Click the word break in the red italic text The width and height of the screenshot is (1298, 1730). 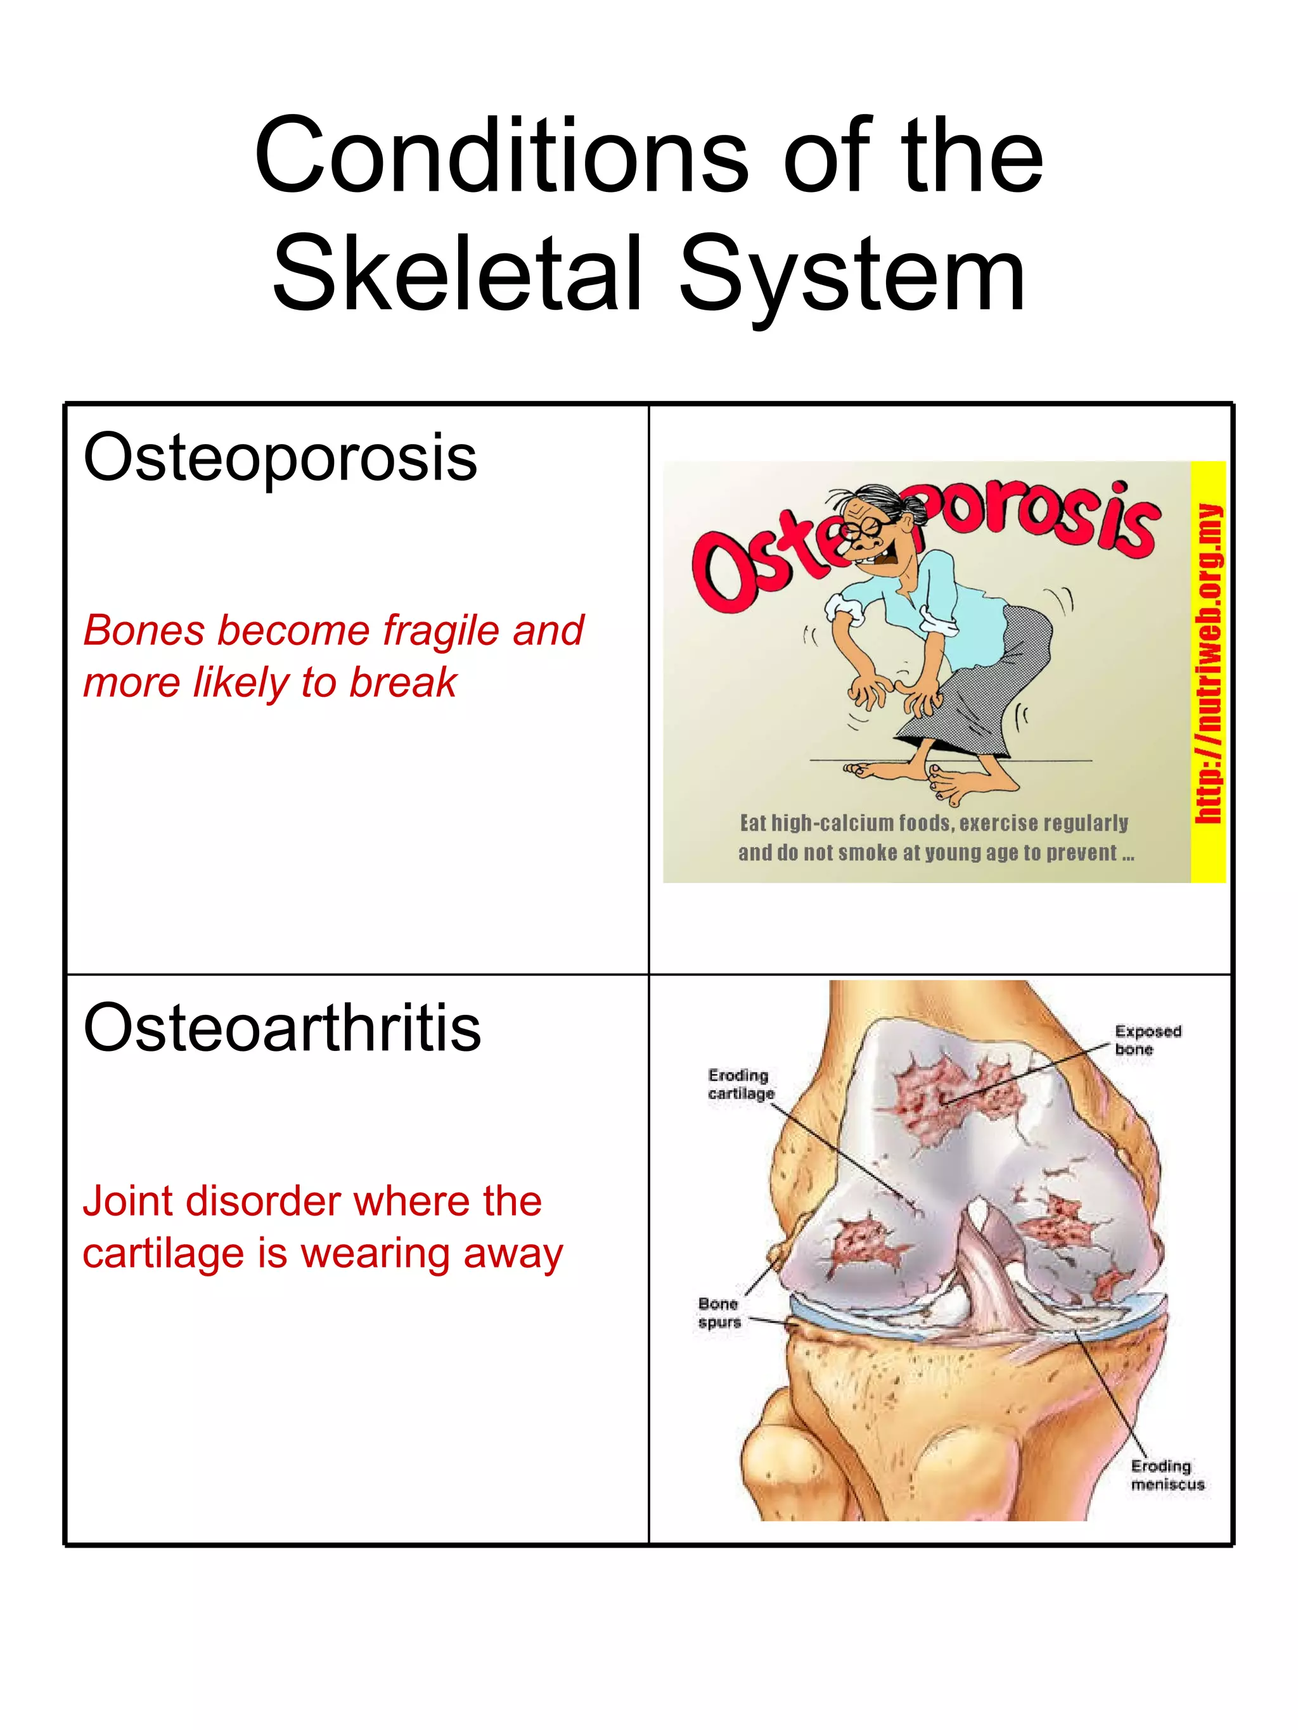pyautogui.click(x=402, y=682)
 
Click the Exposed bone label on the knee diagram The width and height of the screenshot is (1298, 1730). pyautogui.click(x=1147, y=1040)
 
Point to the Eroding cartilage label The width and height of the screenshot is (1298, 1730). pyautogui.click(x=740, y=1084)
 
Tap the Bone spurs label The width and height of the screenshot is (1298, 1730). pyautogui.click(x=719, y=1313)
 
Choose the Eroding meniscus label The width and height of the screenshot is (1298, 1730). pyautogui.click(x=1167, y=1475)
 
